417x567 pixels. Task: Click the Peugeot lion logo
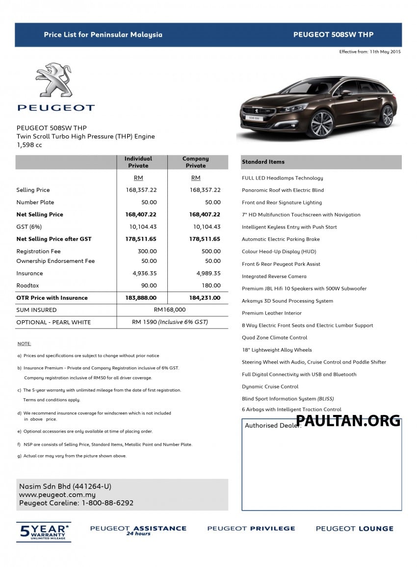54,80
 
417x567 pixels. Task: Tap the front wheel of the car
322,124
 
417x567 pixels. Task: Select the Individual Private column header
138,162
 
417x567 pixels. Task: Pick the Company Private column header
196,162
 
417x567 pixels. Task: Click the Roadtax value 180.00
211,285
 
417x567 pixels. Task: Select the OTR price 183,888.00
141,298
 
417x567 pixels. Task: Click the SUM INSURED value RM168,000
170,310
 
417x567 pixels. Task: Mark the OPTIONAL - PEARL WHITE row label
53,322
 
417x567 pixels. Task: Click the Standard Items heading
263,162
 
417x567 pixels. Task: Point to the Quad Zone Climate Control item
274,337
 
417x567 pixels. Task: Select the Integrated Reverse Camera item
274,276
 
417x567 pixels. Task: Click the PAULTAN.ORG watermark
348,420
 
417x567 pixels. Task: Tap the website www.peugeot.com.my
57,495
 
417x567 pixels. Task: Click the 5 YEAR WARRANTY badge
44,531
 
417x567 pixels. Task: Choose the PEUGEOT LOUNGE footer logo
354,529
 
